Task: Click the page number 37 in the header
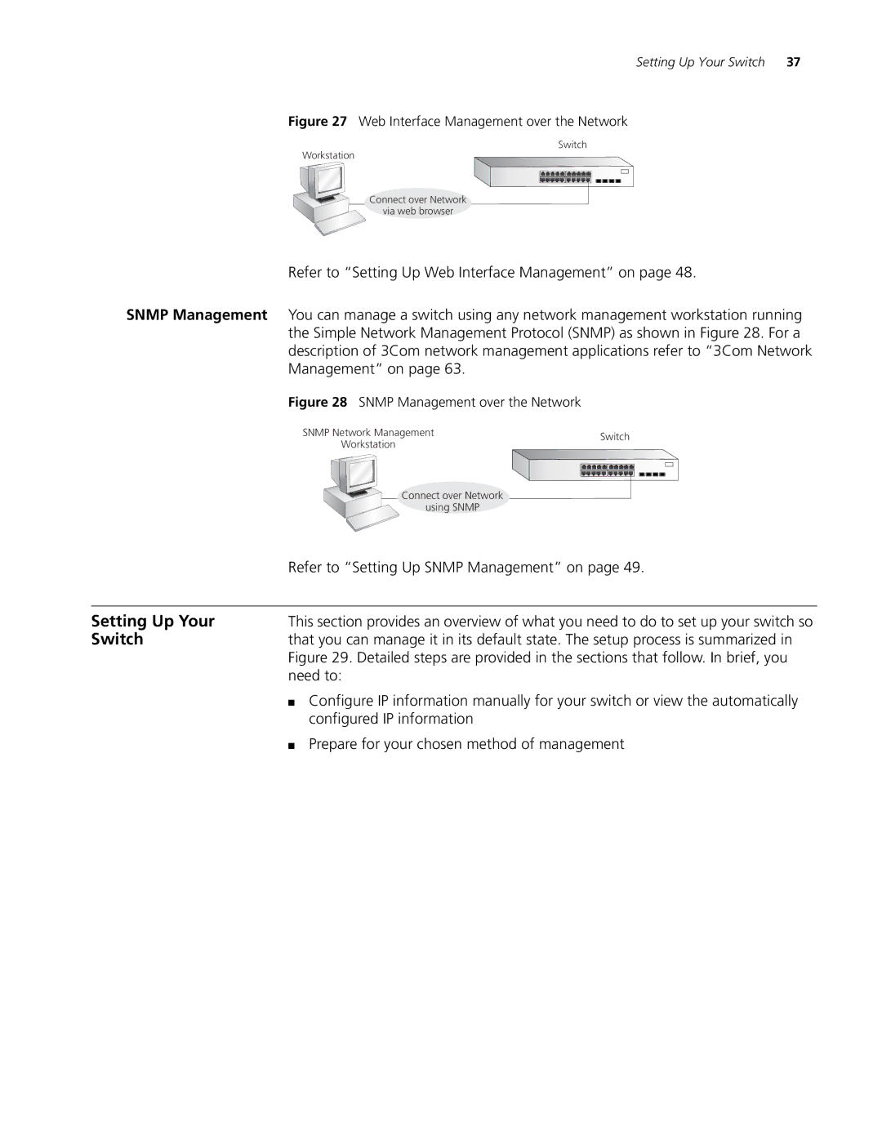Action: pos(794,62)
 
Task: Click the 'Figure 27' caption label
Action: pos(318,122)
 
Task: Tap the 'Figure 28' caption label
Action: pos(318,403)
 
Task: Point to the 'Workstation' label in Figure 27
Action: pos(328,155)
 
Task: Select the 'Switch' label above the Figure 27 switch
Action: pos(572,145)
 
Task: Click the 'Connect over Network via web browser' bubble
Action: pos(418,205)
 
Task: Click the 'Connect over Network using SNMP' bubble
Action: pos(452,501)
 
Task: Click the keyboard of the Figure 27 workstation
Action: pos(339,222)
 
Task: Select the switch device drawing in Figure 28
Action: pos(595,466)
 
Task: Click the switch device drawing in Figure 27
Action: pos(554,171)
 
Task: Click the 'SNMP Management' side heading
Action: pos(197,315)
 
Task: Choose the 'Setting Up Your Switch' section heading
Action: pos(153,630)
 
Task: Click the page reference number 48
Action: pos(684,273)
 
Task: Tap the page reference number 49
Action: pos(632,568)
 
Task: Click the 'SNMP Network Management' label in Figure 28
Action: pos(368,433)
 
